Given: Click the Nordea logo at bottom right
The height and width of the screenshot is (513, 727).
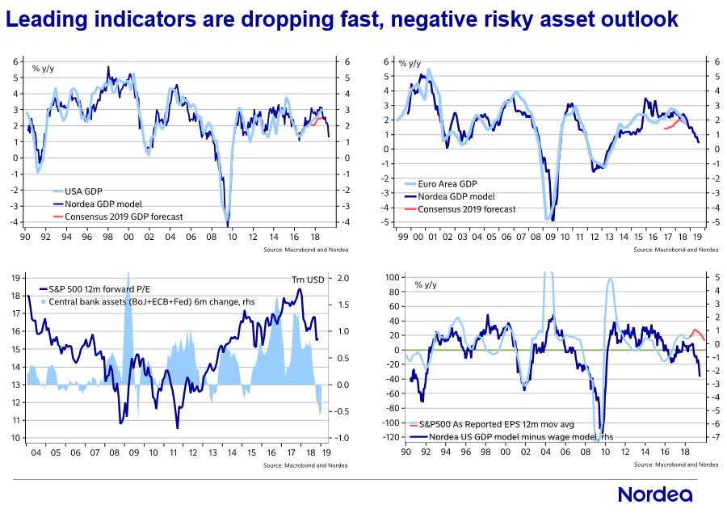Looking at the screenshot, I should [654, 494].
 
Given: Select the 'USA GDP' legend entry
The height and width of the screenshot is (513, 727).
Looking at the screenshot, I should [80, 191].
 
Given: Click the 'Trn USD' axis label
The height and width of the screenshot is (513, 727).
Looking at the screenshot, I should [307, 280].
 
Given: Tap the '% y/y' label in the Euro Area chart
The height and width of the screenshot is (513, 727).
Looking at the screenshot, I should [409, 64].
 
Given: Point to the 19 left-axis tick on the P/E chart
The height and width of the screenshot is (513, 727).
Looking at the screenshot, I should [17, 278].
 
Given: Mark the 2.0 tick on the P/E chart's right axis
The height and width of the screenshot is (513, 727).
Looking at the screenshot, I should [342, 278].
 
